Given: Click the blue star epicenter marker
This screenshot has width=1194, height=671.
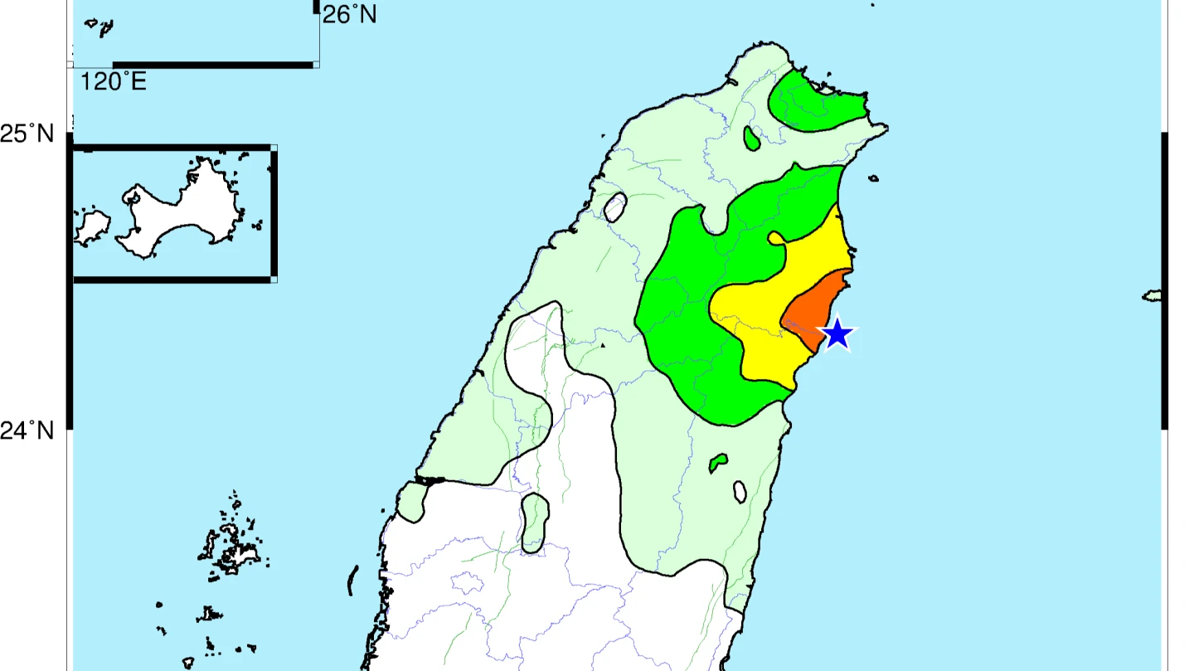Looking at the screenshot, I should [837, 334].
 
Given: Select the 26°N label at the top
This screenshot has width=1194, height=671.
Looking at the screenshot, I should [349, 14].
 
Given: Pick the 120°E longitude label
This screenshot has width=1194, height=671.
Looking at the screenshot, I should [114, 81].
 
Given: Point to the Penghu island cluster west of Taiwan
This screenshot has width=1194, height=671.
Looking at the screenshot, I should [231, 547].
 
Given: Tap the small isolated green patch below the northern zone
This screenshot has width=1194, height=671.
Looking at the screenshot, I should [752, 139].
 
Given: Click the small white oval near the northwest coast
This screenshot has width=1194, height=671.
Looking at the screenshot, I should [614, 207].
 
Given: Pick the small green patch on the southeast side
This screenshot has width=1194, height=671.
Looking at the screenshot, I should [718, 463].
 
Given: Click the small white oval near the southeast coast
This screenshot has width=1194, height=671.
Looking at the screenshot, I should [740, 493].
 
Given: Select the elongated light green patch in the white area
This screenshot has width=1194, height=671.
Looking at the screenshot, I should [536, 523].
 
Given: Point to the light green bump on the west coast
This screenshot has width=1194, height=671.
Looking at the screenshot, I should [412, 503].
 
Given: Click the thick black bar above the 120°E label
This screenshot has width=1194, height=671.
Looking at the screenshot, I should [213, 65].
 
